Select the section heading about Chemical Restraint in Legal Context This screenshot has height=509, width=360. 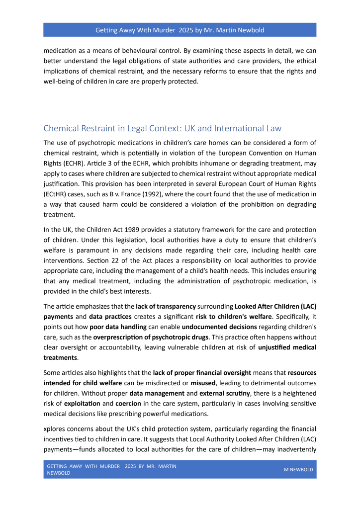click(163, 128)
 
